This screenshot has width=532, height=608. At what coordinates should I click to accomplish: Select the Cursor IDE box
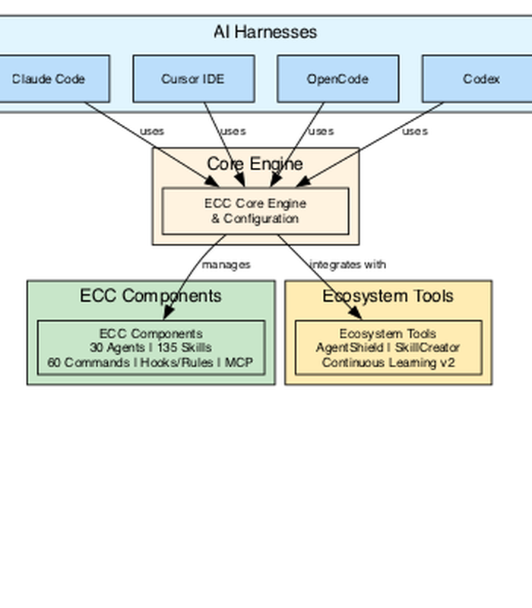pos(194,79)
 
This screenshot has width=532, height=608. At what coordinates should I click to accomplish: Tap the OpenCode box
pos(338,79)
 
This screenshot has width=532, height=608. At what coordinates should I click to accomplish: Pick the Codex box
pos(477,79)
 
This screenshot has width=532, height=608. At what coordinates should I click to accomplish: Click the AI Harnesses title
pos(265,32)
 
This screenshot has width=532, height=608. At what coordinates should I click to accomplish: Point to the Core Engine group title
pos(255,163)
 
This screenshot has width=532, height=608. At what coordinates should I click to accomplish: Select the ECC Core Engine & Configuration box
pos(255,211)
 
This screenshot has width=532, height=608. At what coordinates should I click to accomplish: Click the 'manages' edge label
pos(226,264)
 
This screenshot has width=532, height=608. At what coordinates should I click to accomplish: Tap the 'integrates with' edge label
pos(348,264)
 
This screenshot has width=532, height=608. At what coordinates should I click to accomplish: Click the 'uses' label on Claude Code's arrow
pos(152,131)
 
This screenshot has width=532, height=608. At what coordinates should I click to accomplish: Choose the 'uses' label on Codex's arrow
pos(415,131)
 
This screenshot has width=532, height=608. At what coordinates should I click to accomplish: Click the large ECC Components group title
pos(150,296)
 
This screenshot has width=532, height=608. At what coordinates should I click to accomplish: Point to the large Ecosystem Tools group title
pos(388,296)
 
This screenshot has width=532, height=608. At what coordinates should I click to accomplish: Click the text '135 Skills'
pos(184,347)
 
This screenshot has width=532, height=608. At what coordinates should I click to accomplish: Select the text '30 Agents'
pos(117,348)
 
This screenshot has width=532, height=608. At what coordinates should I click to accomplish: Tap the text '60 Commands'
pos(88,363)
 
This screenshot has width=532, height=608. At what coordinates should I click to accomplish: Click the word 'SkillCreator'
pos(427,347)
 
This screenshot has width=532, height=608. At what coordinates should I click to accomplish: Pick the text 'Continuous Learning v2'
pos(388,363)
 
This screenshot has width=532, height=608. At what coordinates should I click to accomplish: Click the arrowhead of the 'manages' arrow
pos(168,312)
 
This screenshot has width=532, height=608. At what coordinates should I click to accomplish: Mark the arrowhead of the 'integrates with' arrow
pos(355,312)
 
